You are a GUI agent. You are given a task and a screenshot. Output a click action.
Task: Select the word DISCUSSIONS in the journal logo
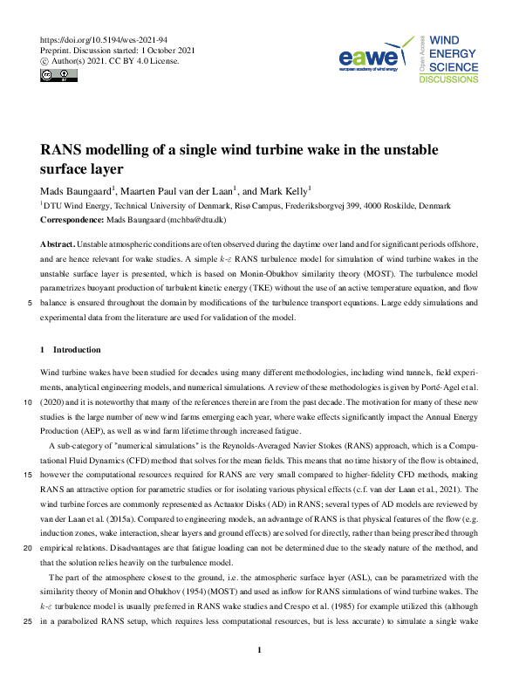pyautogui.click(x=448, y=79)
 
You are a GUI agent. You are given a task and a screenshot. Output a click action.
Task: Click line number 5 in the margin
pyautogui.click(x=31, y=303)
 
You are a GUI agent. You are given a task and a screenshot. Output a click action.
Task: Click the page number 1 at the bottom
pyautogui.click(x=260, y=651)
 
